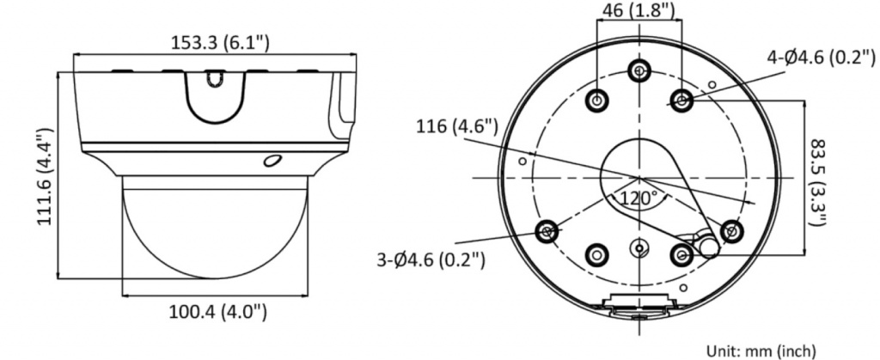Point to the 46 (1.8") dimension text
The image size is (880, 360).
point(639,9)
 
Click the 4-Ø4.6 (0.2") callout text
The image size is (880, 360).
point(822,57)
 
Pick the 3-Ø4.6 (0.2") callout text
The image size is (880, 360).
point(431,259)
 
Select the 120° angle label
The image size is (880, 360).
point(639,198)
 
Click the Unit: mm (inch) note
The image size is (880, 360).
point(761,351)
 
